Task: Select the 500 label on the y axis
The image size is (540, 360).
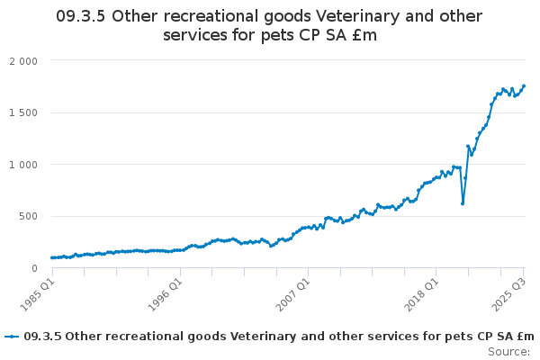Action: tap(30, 216)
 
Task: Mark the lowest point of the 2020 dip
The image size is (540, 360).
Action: tap(463, 203)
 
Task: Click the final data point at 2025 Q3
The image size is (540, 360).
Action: tap(524, 86)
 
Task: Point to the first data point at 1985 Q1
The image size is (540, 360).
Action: tap(52, 258)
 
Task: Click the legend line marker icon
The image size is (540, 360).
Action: tap(12, 337)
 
